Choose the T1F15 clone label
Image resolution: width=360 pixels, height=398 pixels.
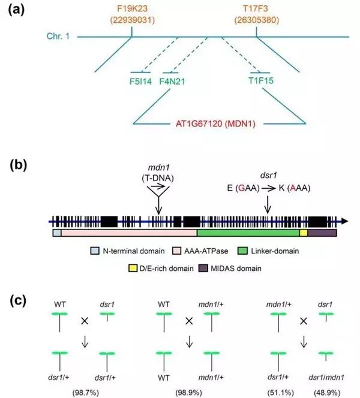(261, 80)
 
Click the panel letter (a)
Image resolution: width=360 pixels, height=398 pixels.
(17, 11)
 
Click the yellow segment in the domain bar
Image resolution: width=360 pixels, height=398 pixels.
(304, 231)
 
